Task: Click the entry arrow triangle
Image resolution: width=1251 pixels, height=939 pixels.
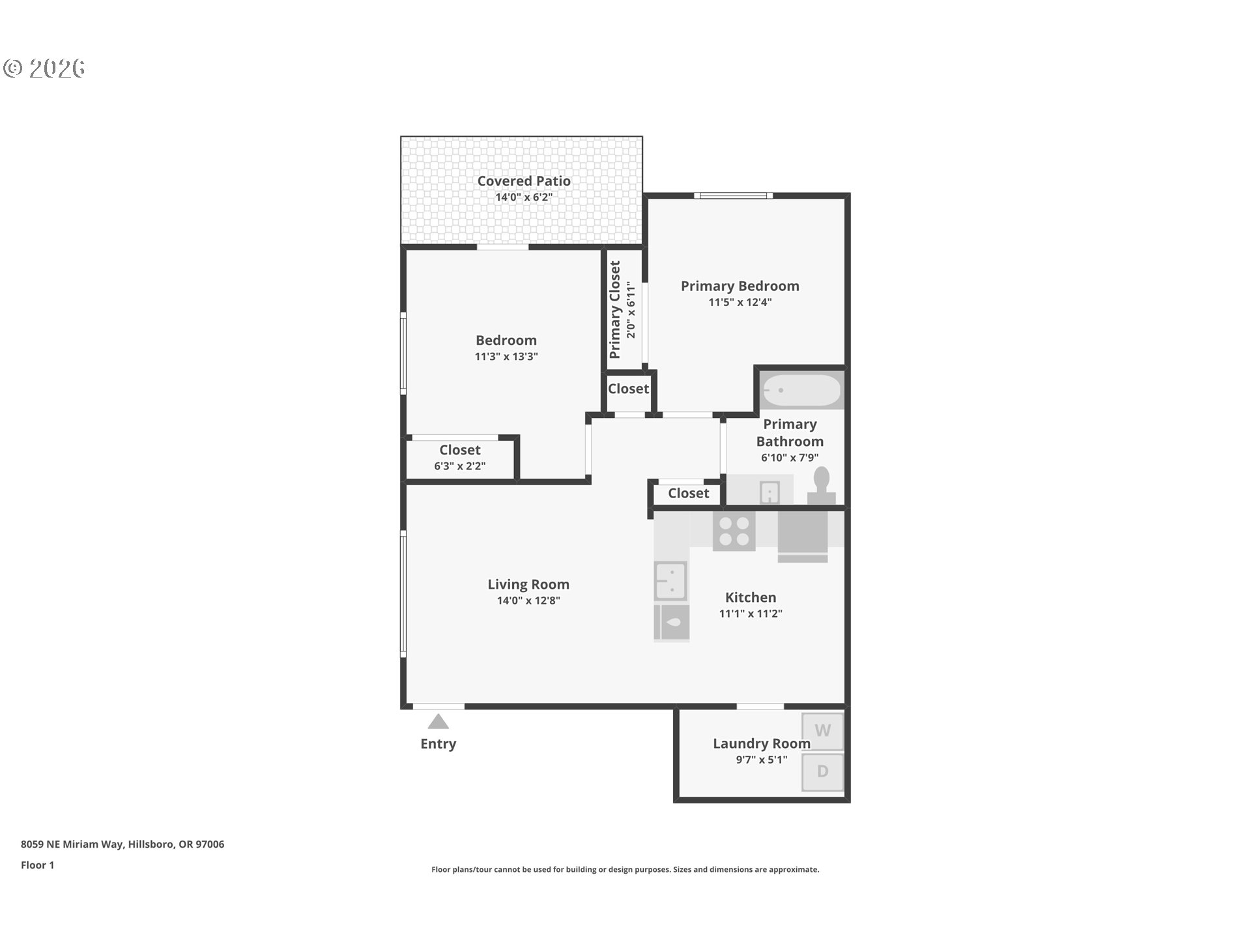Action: coord(438,722)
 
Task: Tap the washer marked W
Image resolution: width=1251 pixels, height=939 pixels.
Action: coord(822,731)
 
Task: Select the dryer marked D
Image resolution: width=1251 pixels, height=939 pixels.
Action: coord(822,771)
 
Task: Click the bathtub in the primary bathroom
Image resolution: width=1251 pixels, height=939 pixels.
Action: coord(802,390)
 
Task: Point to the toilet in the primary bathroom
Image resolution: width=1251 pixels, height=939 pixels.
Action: coord(822,486)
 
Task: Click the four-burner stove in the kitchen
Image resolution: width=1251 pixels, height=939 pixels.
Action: coord(734,531)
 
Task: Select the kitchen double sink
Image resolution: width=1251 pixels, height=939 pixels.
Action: coord(670,580)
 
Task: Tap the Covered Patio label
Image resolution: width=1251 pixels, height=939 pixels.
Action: coord(524,181)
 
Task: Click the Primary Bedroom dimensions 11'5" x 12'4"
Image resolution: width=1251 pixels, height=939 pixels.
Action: coord(740,302)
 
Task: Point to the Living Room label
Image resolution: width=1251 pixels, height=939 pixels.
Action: coord(528,584)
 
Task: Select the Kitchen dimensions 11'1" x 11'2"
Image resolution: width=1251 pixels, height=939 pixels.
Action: coord(751,614)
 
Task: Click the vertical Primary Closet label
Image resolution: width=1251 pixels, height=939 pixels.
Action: coord(615,310)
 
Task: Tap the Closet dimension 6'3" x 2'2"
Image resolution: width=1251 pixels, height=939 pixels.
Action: coord(459,466)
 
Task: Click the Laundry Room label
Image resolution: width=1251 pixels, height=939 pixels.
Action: coord(761,743)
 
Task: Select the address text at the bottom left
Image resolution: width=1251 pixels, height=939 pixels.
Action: coord(122,844)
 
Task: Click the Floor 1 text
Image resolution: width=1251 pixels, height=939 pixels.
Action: coord(37,865)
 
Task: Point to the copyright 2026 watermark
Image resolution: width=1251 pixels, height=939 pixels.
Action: coord(44,68)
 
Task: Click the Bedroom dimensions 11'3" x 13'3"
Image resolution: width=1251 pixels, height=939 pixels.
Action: coord(506,357)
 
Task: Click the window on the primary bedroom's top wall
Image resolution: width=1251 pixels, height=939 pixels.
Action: coord(733,196)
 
